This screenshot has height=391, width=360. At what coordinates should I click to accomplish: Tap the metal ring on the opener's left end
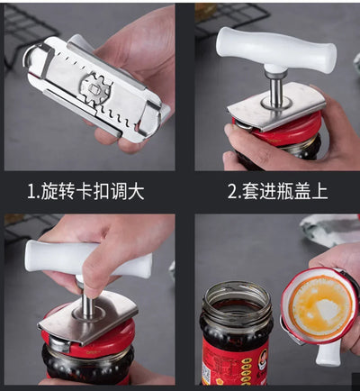(35, 56)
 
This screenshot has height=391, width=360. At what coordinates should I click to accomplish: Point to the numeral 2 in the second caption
(233, 190)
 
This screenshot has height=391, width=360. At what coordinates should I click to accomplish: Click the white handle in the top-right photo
(278, 49)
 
